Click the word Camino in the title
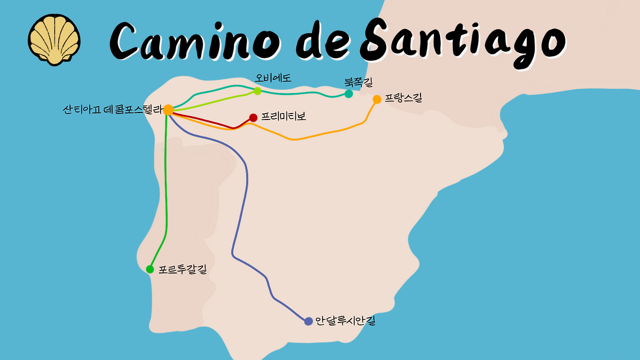(197, 39)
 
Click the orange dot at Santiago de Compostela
(168, 110)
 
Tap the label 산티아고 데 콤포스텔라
(112, 110)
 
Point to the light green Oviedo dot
(257, 90)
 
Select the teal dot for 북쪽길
(348, 93)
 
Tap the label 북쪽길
(358, 81)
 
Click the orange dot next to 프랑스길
(377, 99)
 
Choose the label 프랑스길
(403, 98)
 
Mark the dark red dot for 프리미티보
(253, 117)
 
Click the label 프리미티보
(283, 117)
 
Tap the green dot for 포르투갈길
(150, 269)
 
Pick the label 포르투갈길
(182, 269)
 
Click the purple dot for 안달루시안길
(308, 321)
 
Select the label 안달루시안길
(345, 321)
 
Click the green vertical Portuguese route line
(166, 200)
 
